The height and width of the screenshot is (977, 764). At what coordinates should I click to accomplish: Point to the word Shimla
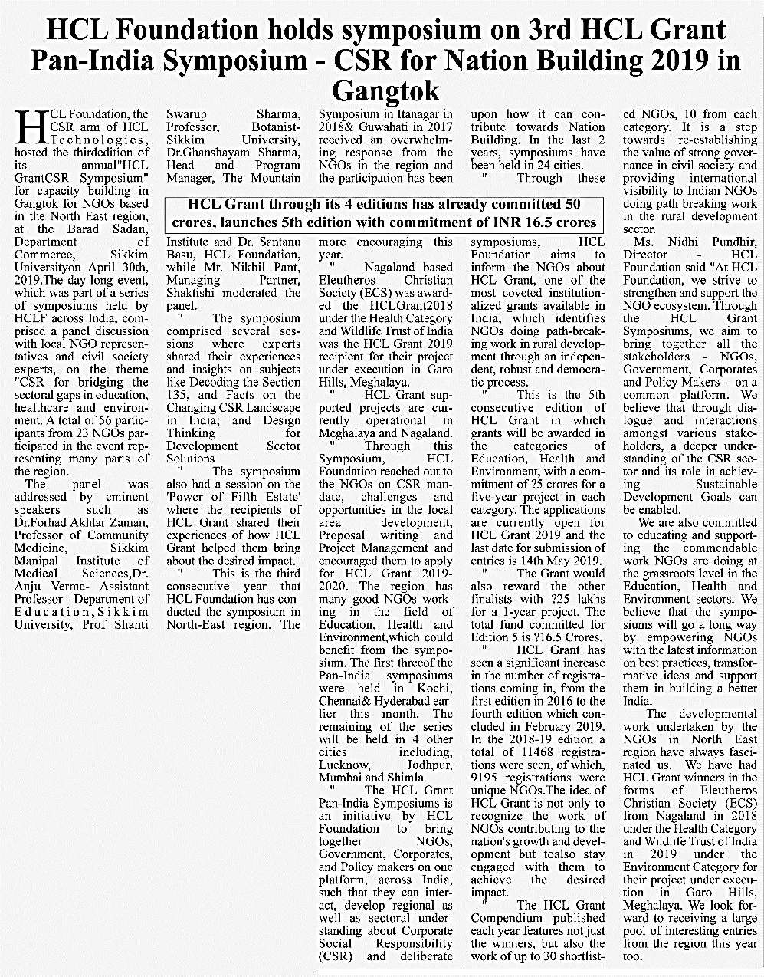point(405,778)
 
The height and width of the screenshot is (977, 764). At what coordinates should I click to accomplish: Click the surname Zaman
point(130,522)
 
